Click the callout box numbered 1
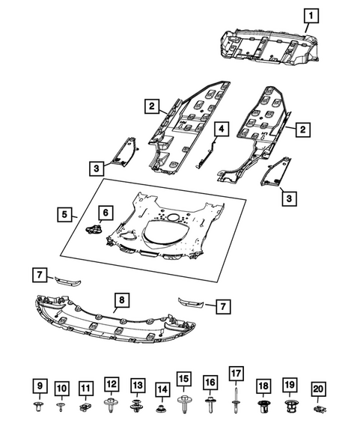pos(310,14)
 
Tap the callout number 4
pos(221,130)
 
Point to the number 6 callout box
pos(105,213)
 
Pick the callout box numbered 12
pos(112,384)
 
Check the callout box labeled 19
pos(290,385)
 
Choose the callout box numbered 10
pos(61,388)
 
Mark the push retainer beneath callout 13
pos(137,408)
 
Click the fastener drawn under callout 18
pos(263,409)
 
